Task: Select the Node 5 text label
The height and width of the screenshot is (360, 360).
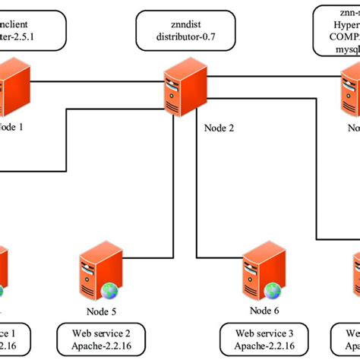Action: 101,310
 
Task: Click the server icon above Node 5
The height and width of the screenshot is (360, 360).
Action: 99,274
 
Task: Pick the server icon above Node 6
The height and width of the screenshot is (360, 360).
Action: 262,274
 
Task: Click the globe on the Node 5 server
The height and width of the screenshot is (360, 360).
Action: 110,290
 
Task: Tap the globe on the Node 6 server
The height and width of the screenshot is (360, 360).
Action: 273,290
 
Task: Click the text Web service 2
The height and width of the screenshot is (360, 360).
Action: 101,333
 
